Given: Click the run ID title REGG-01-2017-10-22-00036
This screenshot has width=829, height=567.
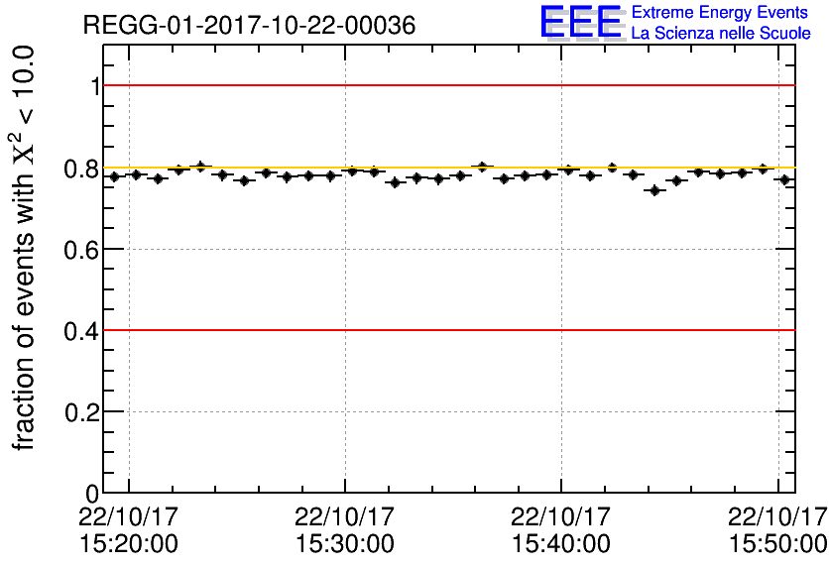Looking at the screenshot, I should pos(248,24).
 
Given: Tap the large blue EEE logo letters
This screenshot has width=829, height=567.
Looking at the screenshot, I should pos(581,23).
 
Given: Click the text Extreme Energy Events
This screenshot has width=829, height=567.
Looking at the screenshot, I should pos(721,13).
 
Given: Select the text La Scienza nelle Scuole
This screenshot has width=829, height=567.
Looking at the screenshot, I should pos(721,34).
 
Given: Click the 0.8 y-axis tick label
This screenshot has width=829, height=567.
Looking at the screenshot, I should pos(80,169).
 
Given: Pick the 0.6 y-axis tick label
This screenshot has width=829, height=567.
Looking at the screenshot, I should pos(80,250).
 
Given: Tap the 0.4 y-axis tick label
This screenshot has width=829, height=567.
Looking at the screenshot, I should pos(80,331).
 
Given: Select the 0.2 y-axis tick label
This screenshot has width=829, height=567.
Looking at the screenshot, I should pos(80,412).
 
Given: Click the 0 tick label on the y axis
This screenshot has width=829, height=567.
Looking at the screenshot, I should pos(91,493).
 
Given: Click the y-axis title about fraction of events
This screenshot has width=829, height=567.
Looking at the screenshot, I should pos(26,248).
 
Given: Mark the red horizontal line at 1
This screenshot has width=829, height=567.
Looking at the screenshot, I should pos(446,85).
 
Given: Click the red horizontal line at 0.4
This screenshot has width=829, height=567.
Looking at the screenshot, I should pos(446,330).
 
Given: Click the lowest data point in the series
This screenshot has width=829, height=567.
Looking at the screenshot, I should pos(654,190).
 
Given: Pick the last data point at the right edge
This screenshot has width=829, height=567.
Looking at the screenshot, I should pos(784,179).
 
